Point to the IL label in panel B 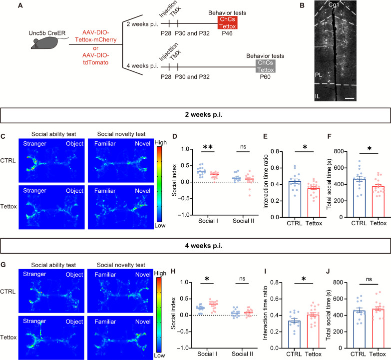(318, 94)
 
